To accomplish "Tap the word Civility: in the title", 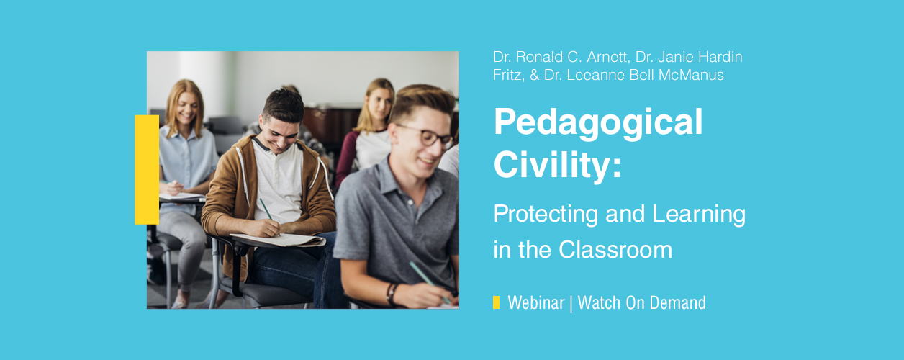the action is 557,165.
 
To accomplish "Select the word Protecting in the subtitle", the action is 546,215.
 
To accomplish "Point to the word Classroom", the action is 615,249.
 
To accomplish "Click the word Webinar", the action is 536,302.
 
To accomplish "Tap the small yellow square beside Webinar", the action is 497,302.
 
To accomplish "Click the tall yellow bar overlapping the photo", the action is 147,169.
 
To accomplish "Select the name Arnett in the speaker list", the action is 608,57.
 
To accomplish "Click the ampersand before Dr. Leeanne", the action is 534,75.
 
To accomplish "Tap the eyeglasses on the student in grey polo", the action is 428,136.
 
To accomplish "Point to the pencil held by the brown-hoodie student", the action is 268,216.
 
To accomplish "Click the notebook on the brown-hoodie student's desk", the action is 279,240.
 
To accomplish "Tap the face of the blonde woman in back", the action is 380,103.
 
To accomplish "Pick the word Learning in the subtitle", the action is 699,215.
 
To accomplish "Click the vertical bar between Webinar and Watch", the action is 571,304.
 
